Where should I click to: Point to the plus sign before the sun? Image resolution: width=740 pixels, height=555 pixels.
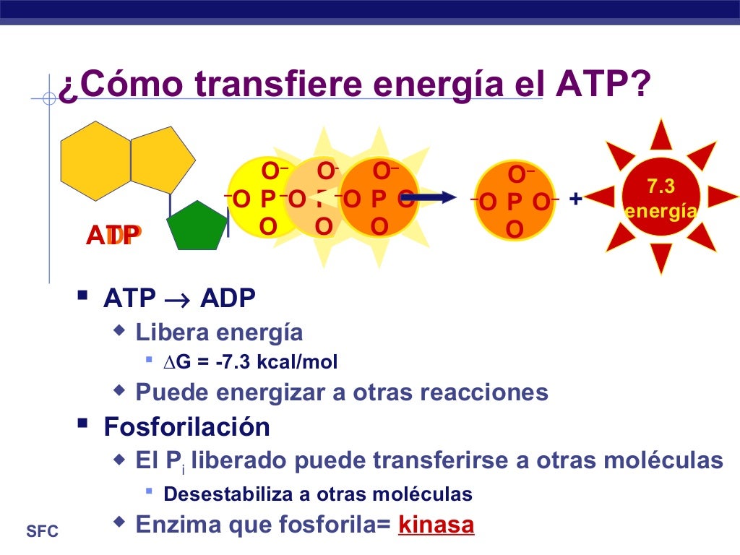tap(575, 198)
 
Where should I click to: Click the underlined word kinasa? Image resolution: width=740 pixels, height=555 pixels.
tap(436, 524)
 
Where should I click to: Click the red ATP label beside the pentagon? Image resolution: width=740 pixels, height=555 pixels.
tap(113, 235)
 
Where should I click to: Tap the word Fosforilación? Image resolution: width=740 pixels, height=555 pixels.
tap(186, 426)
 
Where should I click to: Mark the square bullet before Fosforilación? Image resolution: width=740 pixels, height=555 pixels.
tap(83, 423)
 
